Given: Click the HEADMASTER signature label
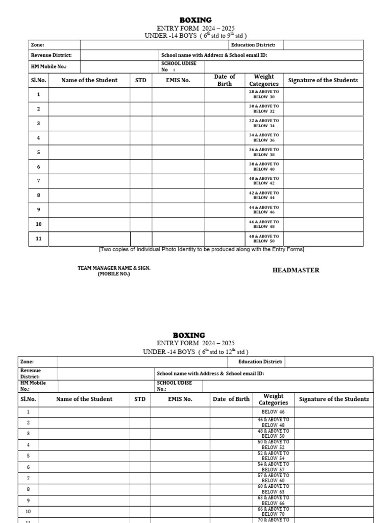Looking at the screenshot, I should point(296,270).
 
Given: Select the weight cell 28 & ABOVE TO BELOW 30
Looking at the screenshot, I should point(264,94).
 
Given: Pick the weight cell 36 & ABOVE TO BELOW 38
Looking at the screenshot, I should point(264,152).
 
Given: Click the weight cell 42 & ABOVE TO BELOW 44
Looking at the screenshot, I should point(264,195).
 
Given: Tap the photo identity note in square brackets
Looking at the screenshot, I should point(201,249).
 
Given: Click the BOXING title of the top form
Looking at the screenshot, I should point(195,20).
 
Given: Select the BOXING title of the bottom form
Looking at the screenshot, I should point(189,336).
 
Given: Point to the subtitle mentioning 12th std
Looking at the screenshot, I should point(189,352).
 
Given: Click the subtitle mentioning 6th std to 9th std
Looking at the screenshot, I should point(196,36).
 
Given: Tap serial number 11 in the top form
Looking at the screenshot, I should point(38,239).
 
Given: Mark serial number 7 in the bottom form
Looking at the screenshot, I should point(29,479).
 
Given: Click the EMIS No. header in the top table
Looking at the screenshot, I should point(178,80).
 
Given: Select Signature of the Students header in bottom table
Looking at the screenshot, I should point(334,399).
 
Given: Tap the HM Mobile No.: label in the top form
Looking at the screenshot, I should point(48,67).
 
